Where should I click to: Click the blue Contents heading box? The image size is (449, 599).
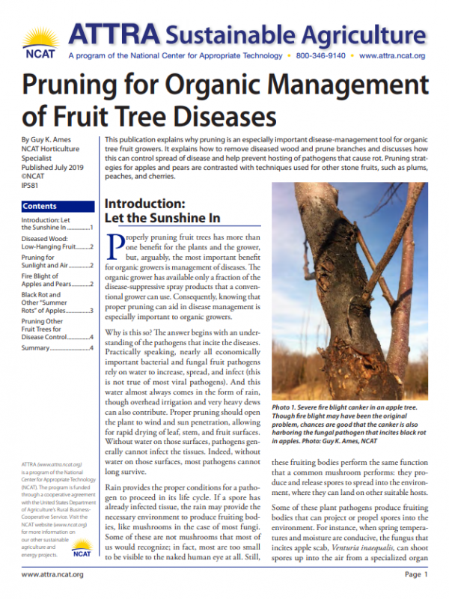[57, 206]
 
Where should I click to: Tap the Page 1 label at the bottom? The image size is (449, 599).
[415, 574]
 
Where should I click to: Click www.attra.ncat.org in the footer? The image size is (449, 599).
[52, 574]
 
